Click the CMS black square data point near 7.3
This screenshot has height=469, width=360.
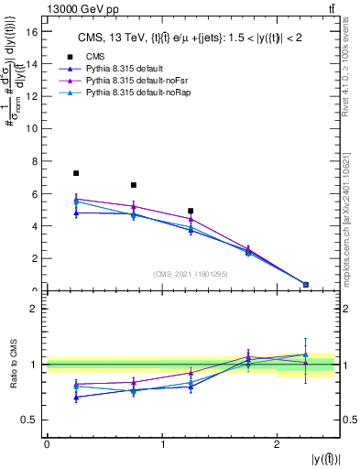coord(76,173)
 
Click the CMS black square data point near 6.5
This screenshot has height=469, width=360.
coord(134,185)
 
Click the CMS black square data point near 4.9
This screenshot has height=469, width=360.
coord(191,211)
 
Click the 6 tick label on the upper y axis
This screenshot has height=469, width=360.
coord(36,194)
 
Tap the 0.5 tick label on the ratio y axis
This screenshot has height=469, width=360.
coord(31,420)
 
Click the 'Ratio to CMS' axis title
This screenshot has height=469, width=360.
coord(13,365)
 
